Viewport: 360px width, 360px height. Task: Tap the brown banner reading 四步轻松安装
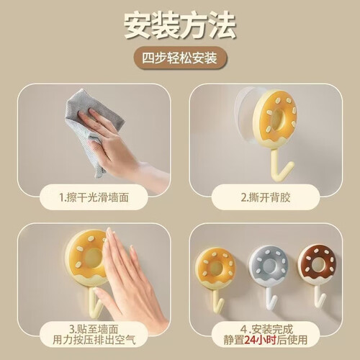180,58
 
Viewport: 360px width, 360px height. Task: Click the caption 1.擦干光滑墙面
94,197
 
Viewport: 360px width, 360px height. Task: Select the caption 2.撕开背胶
266,197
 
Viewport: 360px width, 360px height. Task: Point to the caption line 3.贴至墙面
94,329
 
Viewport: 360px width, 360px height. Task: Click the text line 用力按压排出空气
94,340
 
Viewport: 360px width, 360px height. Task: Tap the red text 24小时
260,340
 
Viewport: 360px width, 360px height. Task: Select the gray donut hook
269,279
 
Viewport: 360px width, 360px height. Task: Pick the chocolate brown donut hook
318,276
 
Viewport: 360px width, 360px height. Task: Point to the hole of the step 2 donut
279,120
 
